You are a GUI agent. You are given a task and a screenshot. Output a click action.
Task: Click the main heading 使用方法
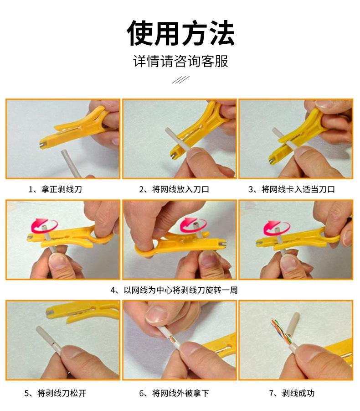coord(180,33)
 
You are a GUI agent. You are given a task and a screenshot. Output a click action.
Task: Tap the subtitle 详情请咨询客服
coord(180,61)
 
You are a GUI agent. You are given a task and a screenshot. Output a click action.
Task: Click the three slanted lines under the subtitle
coord(180,80)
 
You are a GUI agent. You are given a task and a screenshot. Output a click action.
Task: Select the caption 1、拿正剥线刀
coord(55,189)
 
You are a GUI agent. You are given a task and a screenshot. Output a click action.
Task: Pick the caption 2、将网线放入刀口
coord(174,189)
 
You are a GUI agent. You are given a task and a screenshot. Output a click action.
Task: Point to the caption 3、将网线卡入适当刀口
coord(292,189)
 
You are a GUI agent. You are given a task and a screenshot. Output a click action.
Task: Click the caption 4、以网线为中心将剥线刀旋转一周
coord(174,290)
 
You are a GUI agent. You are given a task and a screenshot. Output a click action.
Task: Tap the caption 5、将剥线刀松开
coord(55,393)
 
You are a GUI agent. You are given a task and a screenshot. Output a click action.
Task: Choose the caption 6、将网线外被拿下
coord(174,393)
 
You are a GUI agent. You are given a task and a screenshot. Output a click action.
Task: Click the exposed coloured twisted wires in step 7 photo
coord(281,332)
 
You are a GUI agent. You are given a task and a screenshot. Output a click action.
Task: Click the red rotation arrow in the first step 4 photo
coord(44,225)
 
